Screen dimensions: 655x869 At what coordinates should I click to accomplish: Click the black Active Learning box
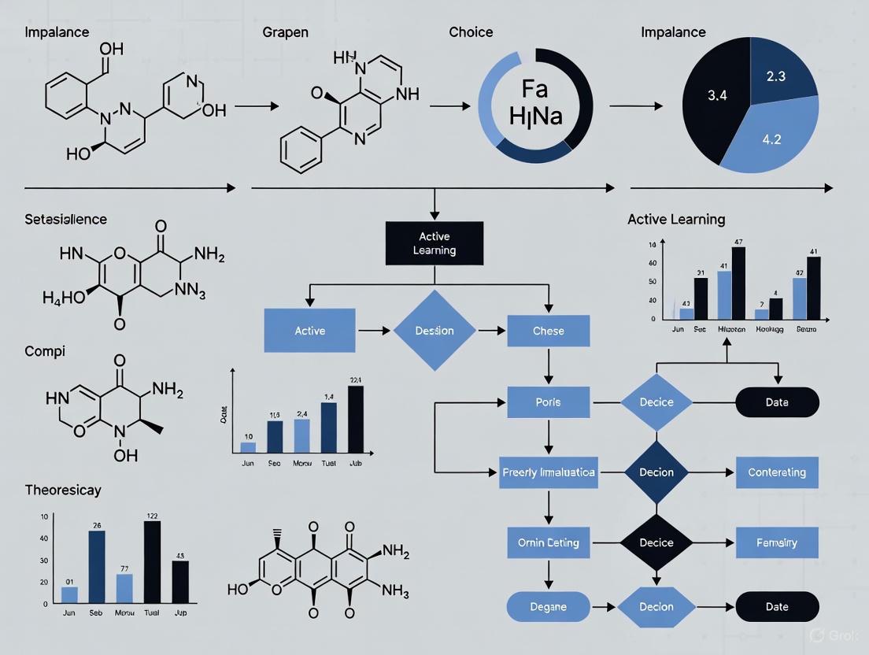coord(434,243)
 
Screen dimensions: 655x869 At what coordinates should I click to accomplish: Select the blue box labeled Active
coord(309,331)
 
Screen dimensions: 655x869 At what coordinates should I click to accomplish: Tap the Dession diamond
coord(434,331)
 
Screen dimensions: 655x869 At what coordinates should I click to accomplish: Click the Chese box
coord(549,331)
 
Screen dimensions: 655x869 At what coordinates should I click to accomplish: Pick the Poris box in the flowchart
coord(549,402)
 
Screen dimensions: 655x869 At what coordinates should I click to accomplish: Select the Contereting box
coord(776,472)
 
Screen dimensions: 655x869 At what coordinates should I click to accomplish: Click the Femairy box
coord(776,542)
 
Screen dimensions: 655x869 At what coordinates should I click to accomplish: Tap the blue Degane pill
coord(548,607)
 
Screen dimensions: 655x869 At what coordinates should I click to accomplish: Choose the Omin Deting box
coord(549,542)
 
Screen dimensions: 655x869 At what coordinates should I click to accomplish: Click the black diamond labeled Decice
coord(656,542)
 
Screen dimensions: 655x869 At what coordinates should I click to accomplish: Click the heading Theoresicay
coord(63,490)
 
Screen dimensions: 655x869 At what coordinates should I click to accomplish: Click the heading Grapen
coord(285,33)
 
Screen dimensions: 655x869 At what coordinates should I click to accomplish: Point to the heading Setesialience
coord(66,220)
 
